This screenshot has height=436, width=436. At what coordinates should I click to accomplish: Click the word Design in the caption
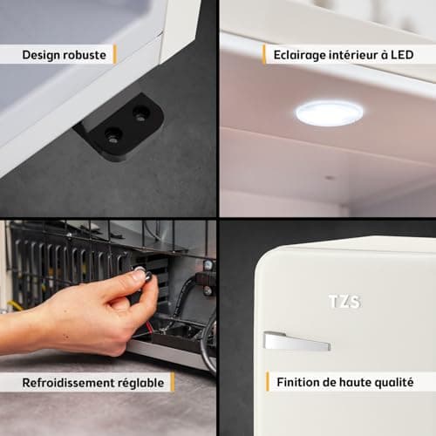tap(41, 55)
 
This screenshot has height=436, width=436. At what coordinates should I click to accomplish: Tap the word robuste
tap(85, 55)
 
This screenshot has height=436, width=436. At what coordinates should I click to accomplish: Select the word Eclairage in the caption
tap(299, 55)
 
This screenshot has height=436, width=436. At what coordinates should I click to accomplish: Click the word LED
tap(402, 55)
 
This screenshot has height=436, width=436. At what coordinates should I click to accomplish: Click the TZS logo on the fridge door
tap(344, 302)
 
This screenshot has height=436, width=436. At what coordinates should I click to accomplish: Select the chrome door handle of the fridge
tap(296, 341)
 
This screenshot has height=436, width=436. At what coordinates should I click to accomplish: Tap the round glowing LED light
tap(329, 113)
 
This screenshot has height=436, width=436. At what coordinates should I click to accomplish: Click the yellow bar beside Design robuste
tap(115, 54)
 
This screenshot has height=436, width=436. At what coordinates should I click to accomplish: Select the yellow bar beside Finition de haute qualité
tap(268, 381)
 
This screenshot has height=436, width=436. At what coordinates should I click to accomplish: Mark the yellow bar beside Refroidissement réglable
tap(173, 382)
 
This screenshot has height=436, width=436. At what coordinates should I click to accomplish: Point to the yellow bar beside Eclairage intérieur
tap(264, 54)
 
